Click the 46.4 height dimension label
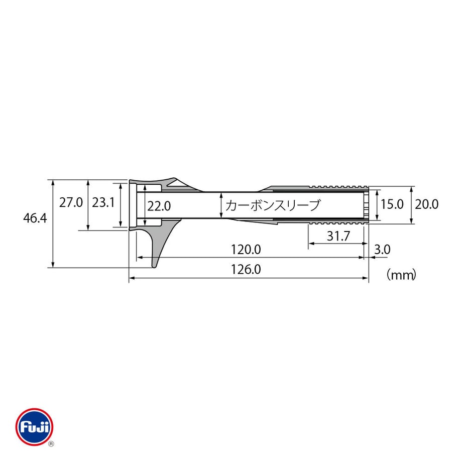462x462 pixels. click(35, 218)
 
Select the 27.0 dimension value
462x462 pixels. click(71, 203)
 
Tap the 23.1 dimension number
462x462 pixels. click(103, 203)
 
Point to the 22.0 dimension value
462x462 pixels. click(159, 206)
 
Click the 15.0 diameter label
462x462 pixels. click(392, 204)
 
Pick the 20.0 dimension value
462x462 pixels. click(427, 204)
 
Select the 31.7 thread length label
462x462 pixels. click(338, 236)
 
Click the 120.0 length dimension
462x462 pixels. click(246, 250)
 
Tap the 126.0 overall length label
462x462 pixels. click(246, 270)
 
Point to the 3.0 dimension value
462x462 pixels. click(383, 250)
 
